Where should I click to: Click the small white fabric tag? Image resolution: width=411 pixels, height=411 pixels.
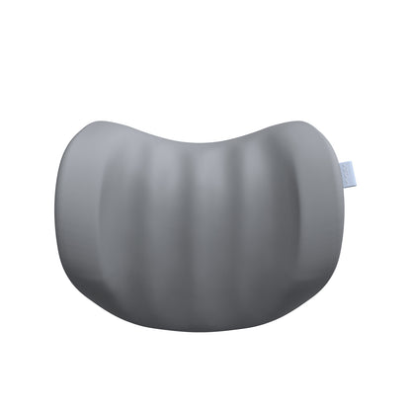(345, 172)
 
